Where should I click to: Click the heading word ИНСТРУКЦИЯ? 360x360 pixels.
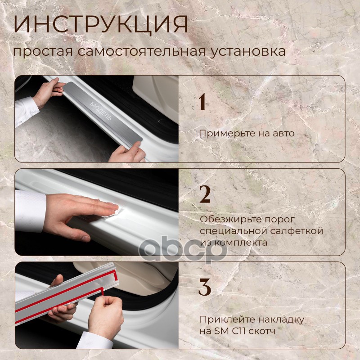click(100, 25)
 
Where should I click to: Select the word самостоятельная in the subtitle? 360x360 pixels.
click(141, 51)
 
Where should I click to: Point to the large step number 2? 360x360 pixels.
click(205, 194)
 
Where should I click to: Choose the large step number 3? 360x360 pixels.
click(205, 287)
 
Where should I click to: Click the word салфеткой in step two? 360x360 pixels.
click(297, 231)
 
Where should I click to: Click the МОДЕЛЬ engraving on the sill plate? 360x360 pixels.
click(100, 111)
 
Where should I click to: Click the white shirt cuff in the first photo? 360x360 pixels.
click(26, 111)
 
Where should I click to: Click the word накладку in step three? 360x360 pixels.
click(282, 319)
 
